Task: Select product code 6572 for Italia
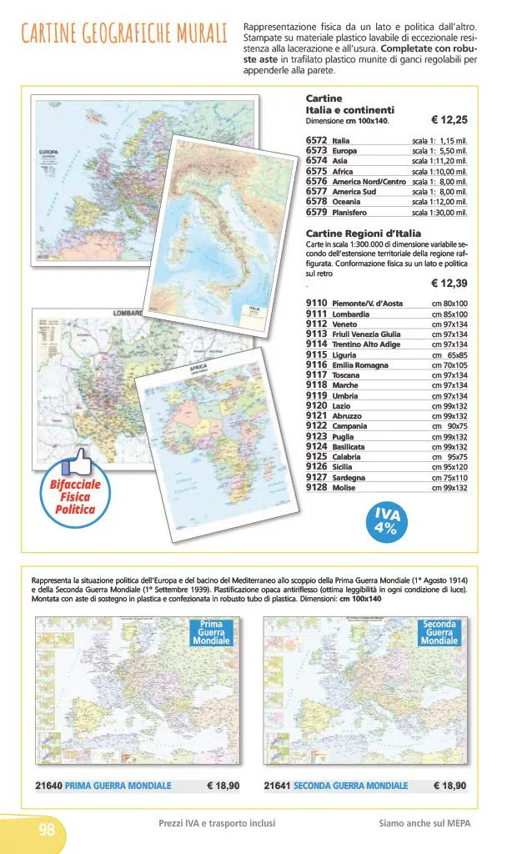(x=316, y=141)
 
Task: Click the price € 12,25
(x=449, y=120)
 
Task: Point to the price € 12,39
(x=449, y=284)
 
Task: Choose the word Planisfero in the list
(x=350, y=212)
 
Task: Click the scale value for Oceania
(x=439, y=202)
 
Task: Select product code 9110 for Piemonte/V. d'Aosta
(x=316, y=304)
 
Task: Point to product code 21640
(x=48, y=785)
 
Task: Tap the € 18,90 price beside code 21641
(x=449, y=785)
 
